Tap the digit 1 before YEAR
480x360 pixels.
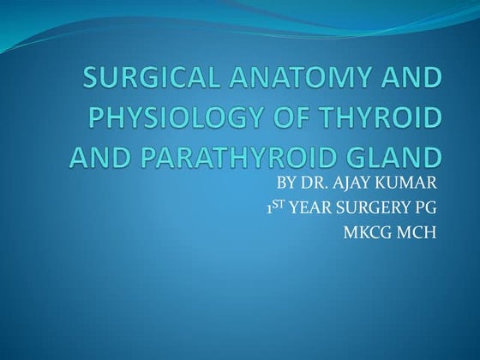pos(270,208)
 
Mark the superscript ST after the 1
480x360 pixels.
pos(280,205)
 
